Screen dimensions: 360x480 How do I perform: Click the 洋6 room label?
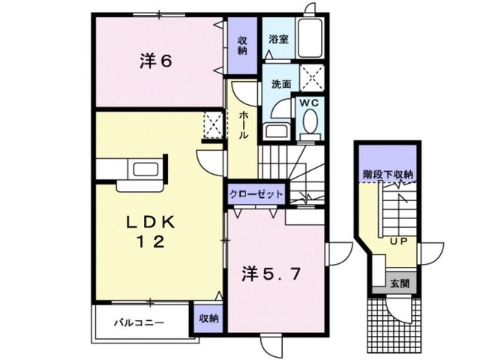pos(155,61)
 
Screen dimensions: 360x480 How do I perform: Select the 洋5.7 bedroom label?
pos(271,274)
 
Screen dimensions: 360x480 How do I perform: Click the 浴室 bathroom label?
pos(280,40)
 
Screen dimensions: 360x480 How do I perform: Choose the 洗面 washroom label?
pos(281,84)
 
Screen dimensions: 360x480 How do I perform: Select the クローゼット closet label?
pos(257,193)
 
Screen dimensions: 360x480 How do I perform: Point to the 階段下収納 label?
pos(388,175)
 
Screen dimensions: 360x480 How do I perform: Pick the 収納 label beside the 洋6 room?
pos(243,45)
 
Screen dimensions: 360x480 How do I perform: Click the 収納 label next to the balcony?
pos(208,319)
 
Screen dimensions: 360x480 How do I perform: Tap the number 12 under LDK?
pos(148,241)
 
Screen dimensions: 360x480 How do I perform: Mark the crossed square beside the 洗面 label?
pos(309,77)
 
